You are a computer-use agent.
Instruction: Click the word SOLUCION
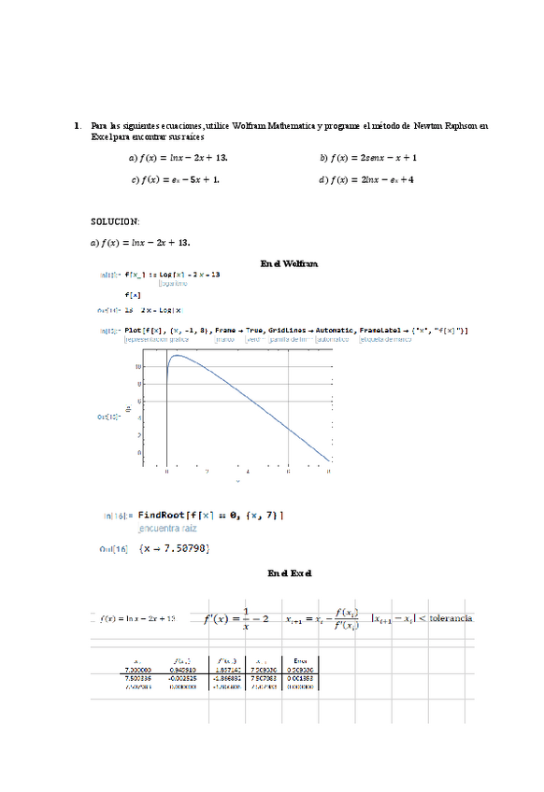tap(114, 221)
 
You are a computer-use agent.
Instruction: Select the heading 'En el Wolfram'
tap(289, 264)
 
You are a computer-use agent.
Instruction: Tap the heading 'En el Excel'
tap(289, 573)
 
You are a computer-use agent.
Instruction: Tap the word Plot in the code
tap(134, 330)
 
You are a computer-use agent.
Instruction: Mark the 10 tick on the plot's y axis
tap(137, 367)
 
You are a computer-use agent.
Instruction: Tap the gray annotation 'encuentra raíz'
tap(167, 528)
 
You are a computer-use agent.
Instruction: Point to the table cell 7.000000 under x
tap(138, 670)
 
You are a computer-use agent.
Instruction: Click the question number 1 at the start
tap(76, 124)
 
